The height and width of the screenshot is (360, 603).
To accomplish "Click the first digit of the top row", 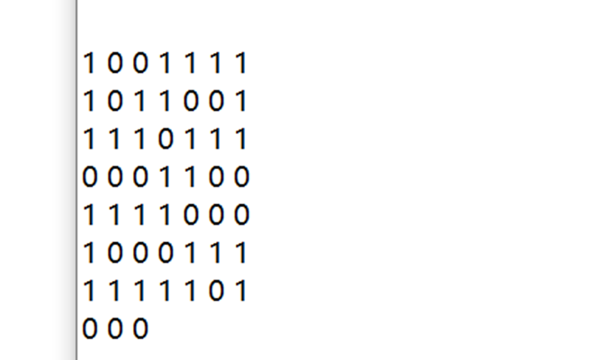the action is [89, 64].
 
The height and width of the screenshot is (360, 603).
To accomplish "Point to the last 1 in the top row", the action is [241, 64].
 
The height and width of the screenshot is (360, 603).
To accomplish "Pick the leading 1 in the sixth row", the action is [89, 254].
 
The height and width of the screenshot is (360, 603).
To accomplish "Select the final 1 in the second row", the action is [241, 102].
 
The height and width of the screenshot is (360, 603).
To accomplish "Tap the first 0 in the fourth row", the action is [89, 177].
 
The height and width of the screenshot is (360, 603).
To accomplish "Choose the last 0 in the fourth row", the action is [241, 177].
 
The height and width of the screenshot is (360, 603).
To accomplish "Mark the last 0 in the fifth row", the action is [241, 216].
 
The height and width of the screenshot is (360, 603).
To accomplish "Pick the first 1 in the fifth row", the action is [89, 216].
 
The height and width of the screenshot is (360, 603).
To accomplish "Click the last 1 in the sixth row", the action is [241, 254].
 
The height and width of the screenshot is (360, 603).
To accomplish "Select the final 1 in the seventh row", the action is [241, 292].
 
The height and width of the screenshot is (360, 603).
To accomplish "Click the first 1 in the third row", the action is [89, 139].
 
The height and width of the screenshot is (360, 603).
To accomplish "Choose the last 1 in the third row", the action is [241, 139].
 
